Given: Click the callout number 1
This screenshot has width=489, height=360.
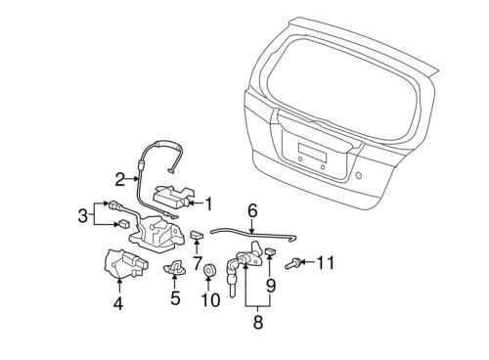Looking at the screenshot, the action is [208, 204].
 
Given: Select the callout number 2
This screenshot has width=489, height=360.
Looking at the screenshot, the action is [120, 179].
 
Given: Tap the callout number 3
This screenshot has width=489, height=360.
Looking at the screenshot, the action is [83, 215].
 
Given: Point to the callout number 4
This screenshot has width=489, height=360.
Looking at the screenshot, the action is [118, 303].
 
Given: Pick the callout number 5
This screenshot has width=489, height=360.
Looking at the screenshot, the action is [175, 298].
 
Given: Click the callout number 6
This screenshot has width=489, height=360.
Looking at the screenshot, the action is [252, 211].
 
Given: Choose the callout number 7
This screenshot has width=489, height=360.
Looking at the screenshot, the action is [198, 263].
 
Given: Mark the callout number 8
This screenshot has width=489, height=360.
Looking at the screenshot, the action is [258, 322].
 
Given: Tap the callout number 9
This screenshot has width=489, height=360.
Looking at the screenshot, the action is [271, 286].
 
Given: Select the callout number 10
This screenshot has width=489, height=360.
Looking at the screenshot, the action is [211, 300].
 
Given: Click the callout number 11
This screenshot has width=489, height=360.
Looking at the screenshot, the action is [326, 262].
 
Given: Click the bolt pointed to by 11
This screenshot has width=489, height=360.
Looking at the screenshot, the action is [292, 263].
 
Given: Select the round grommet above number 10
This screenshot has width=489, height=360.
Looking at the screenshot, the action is [208, 270].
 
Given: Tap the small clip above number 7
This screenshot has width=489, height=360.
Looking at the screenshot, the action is [196, 234].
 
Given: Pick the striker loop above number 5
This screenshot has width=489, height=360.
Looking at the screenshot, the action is [175, 267].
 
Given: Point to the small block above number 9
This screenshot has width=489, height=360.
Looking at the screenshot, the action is [270, 251].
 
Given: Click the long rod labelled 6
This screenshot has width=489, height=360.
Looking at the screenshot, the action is [252, 233].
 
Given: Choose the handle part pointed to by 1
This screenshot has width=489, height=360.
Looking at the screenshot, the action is [171, 197].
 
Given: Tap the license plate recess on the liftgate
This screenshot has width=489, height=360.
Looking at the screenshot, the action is [312, 153].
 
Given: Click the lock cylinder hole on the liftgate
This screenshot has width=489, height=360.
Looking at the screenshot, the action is [359, 175].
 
